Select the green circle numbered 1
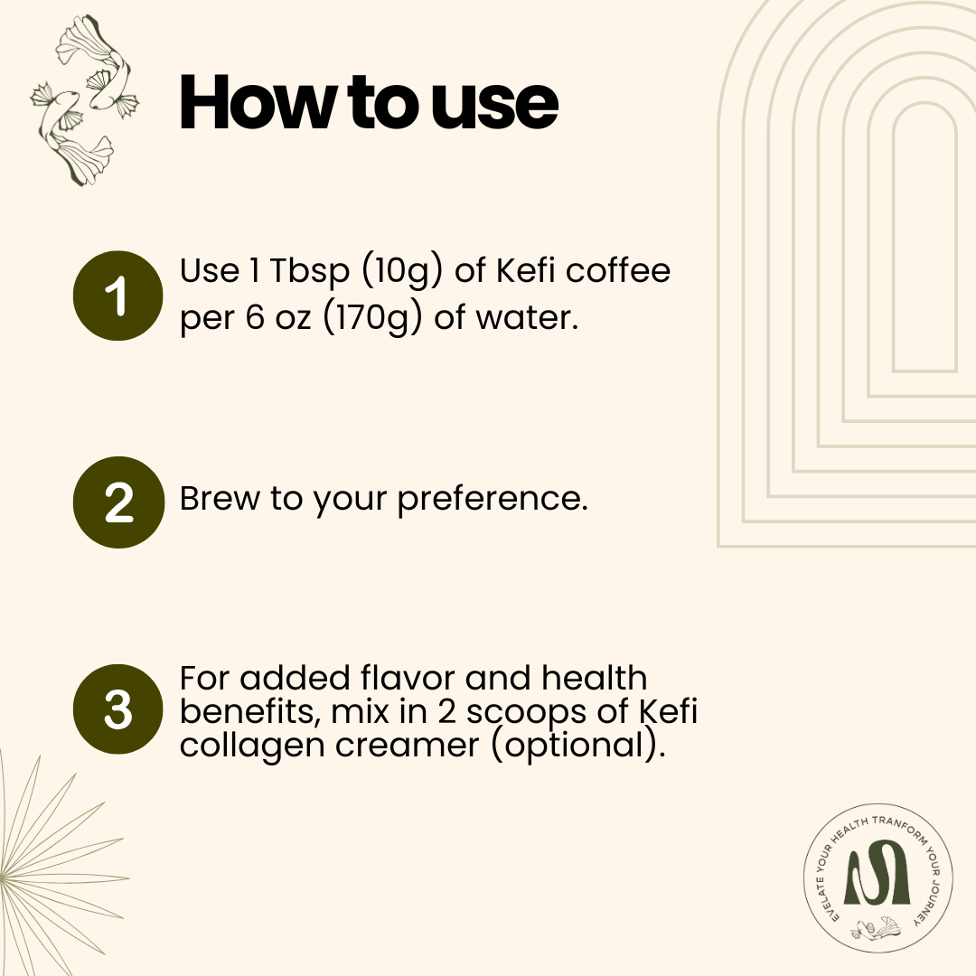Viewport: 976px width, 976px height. (117, 296)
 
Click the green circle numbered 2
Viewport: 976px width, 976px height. (117, 502)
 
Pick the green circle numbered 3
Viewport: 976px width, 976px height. (117, 709)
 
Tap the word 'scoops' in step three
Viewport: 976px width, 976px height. (522, 712)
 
